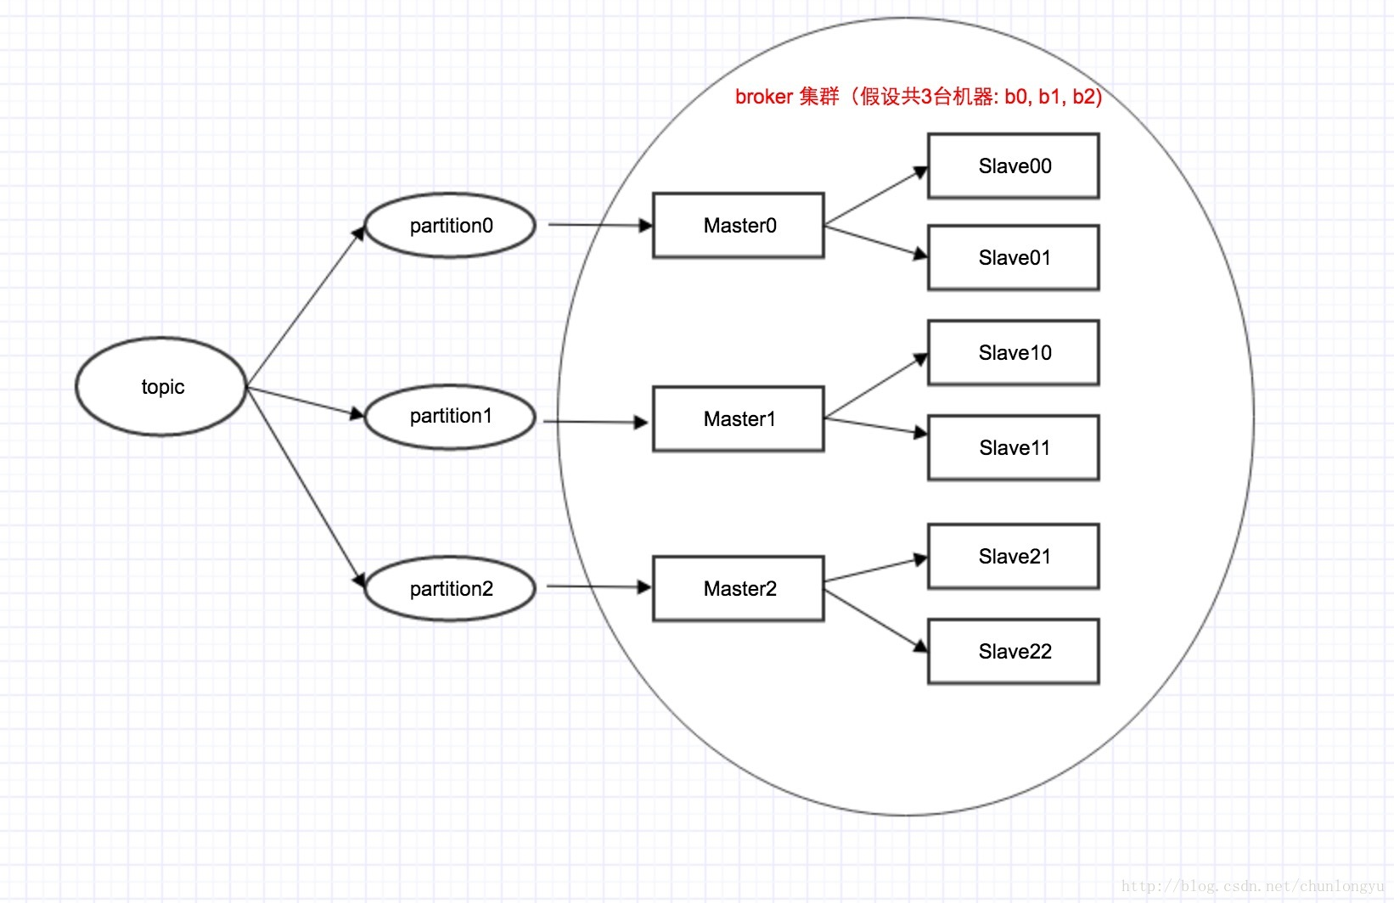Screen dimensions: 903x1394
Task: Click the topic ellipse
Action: click(x=161, y=387)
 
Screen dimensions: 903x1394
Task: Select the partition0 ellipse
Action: click(x=450, y=226)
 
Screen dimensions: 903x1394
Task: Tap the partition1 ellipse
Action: click(x=450, y=417)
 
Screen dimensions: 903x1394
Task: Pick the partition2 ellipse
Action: click(x=450, y=589)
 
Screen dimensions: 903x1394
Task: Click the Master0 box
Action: click(x=739, y=226)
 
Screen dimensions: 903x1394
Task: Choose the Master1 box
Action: click(x=739, y=419)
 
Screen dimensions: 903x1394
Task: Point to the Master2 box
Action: click(x=739, y=589)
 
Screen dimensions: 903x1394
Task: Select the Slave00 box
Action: click(x=1014, y=166)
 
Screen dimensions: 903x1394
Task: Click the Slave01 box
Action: click(x=1014, y=258)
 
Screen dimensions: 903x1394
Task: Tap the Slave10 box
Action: click(x=1014, y=353)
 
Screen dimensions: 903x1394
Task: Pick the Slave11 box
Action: click(x=1014, y=448)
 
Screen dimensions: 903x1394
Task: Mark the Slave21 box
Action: click(x=1014, y=557)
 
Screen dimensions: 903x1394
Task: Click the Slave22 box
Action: click(x=1014, y=652)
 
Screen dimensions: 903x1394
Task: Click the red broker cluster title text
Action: click(x=918, y=97)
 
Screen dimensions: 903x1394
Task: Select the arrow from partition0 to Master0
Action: click(x=599, y=225)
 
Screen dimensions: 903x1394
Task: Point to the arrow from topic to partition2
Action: click(x=306, y=488)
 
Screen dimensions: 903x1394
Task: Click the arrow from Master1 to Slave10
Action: click(x=874, y=387)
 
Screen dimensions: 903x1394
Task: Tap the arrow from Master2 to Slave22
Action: click(x=874, y=622)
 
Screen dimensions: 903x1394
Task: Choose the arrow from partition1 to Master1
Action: click(x=594, y=421)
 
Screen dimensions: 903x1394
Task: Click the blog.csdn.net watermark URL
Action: click(x=1252, y=886)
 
